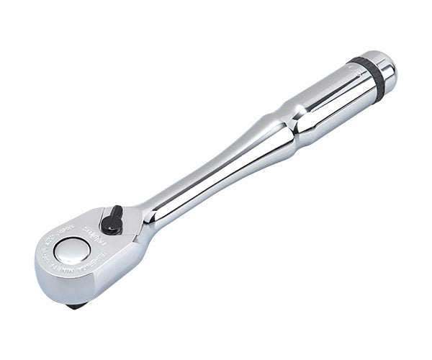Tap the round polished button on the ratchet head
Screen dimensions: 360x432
point(72,250)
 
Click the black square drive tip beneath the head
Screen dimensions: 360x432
point(74,305)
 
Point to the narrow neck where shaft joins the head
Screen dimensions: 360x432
point(148,216)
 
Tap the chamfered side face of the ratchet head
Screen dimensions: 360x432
point(108,277)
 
